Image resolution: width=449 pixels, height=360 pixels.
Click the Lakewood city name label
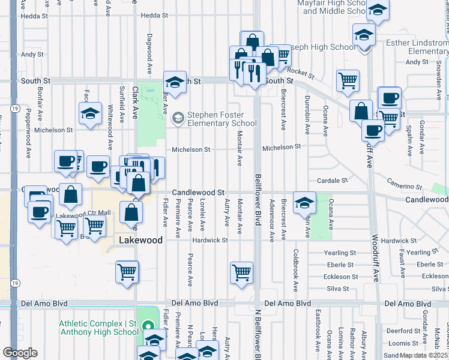(x=141, y=240)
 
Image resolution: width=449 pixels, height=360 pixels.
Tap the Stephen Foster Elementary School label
(x=222, y=119)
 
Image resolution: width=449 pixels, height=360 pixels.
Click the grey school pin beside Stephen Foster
(x=178, y=118)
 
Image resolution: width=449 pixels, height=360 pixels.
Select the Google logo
(x=20, y=352)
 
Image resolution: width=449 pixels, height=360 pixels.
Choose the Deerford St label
(x=400, y=331)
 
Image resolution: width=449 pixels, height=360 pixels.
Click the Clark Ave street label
(x=135, y=103)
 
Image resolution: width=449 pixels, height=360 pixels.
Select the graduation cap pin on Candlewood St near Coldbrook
(x=304, y=203)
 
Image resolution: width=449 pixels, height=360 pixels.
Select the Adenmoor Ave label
(x=272, y=220)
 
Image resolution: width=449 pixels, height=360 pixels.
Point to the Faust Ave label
(x=400, y=259)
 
